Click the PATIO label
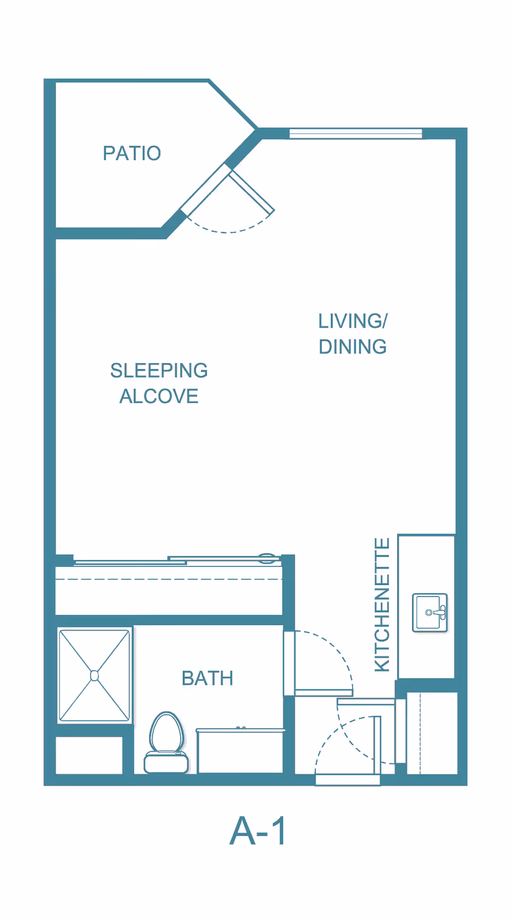coord(132,153)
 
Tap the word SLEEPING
coord(159,371)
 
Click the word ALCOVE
coord(159,396)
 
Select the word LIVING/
coord(353,321)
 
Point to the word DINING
coord(353,347)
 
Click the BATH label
coord(207,678)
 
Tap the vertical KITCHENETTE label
coord(382,604)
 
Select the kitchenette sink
coord(430,612)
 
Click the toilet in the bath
coord(166,742)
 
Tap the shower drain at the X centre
coord(95,676)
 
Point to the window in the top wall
coord(356,133)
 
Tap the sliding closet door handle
coord(267,558)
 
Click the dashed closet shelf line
coord(169,579)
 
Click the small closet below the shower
coord(89,755)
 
